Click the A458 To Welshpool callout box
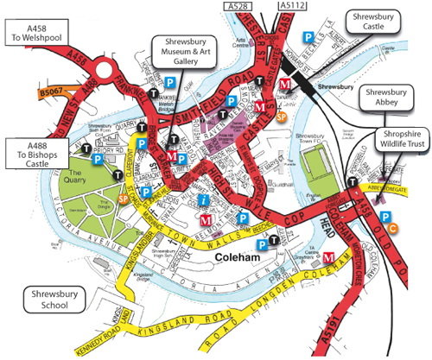pyautogui.click(x=34, y=32)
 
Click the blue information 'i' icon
pyautogui.click(x=202, y=200)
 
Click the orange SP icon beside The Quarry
pyautogui.click(x=123, y=199)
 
